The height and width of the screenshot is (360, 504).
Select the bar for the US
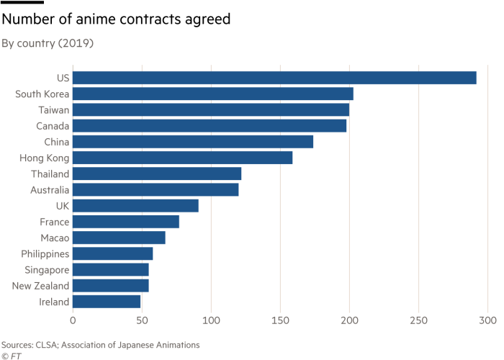click(x=274, y=78)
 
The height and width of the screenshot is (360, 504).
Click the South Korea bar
click(x=213, y=94)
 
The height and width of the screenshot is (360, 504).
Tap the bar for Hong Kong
click(x=183, y=158)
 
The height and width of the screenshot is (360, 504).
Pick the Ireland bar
click(x=107, y=302)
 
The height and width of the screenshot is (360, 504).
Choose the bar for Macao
click(x=120, y=238)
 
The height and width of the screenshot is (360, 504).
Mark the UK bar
click(x=135, y=206)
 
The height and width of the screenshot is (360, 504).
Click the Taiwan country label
click(x=54, y=110)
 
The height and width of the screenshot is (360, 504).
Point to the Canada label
click(x=53, y=126)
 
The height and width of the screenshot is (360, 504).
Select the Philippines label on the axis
click(x=45, y=254)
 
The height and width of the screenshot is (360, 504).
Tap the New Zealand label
click(x=40, y=286)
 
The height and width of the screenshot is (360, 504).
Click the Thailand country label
click(x=50, y=174)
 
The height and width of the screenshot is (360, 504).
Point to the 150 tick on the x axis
click(x=280, y=320)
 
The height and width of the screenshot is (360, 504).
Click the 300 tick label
click(x=487, y=320)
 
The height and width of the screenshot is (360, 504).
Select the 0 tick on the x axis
click(x=73, y=320)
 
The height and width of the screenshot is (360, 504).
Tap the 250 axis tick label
click(x=418, y=320)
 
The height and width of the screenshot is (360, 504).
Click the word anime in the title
click(x=96, y=19)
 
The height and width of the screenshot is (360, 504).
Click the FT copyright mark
click(x=12, y=356)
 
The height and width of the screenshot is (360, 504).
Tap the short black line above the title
click(x=22, y=2)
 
